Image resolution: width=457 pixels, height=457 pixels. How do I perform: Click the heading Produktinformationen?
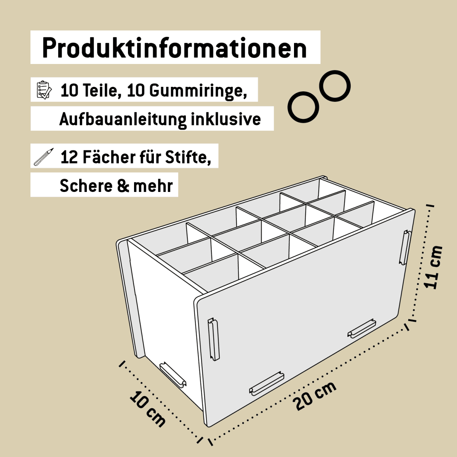pos(174,48)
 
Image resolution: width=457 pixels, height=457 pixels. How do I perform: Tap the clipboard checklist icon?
pos(44,90)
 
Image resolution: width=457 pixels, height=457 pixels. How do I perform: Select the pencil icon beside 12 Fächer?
pos(44,157)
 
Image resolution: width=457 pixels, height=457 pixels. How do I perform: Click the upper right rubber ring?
pos(335,86)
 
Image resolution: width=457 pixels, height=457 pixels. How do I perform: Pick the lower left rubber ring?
pos(303,107)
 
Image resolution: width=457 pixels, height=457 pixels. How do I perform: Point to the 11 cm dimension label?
pos(433,267)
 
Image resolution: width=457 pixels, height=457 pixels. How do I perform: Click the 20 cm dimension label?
pos(315,396)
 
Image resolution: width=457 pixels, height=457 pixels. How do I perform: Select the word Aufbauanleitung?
pos(123,119)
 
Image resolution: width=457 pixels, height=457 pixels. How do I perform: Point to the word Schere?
pos(86,185)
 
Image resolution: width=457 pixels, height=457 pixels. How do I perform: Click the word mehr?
pos(153,186)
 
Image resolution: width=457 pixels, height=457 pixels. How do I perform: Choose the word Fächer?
pos(109,157)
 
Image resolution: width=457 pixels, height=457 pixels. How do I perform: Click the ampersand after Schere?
pos(123,186)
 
